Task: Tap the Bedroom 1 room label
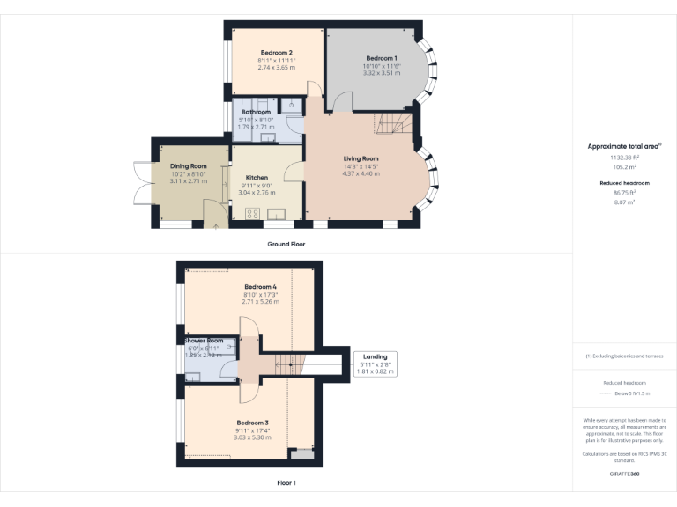(382, 58)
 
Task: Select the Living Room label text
(361, 158)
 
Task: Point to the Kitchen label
(257, 178)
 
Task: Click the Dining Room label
(188, 166)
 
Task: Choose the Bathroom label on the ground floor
(256, 113)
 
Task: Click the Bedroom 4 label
(260, 287)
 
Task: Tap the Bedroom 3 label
(251, 422)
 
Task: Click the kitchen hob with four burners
(251, 214)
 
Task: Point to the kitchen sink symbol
(277, 214)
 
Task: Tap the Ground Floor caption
(286, 244)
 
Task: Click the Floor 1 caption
(286, 483)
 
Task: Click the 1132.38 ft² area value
(623, 156)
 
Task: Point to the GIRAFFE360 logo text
(623, 474)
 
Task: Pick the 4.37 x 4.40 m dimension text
(361, 173)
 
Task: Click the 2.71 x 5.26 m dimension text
(260, 302)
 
